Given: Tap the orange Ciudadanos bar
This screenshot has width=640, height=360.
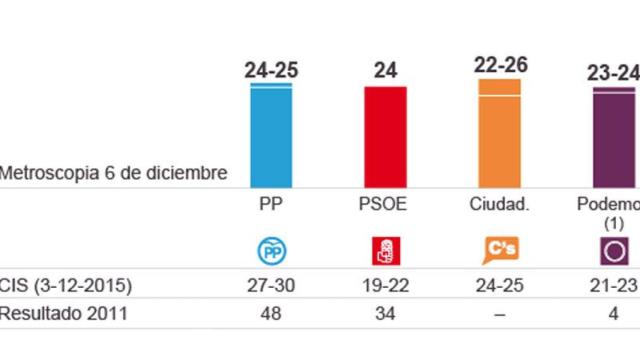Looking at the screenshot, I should (500, 132).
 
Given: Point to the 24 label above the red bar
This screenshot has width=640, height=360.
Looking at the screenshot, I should (385, 70).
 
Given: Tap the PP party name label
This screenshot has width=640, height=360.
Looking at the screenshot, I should (271, 204).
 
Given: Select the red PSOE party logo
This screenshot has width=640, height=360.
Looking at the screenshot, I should (385, 249).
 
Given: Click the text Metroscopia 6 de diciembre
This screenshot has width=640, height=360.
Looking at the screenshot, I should (113, 172).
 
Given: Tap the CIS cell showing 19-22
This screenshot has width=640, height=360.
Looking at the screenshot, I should (385, 285).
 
